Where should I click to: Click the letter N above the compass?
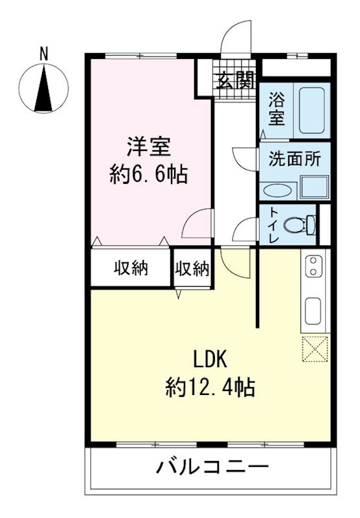[44, 54]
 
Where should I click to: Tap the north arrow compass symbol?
[44, 90]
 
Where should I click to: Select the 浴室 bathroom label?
[277, 109]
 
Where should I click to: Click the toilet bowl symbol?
[302, 225]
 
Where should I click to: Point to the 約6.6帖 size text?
[148, 174]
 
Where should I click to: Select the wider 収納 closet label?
[131, 267]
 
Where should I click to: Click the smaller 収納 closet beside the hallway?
[192, 267]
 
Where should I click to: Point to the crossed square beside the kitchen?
[316, 350]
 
